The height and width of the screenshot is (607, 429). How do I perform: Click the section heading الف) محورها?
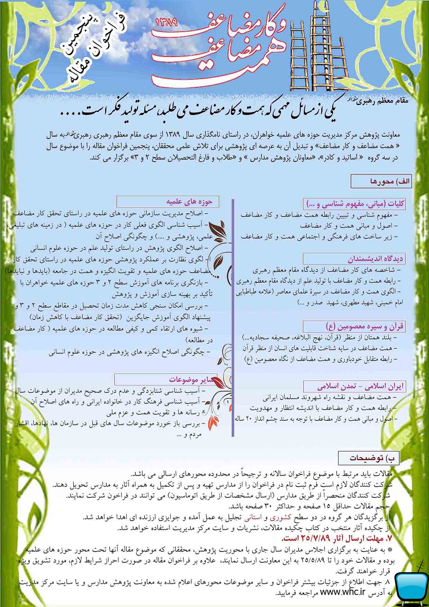[381, 181]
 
